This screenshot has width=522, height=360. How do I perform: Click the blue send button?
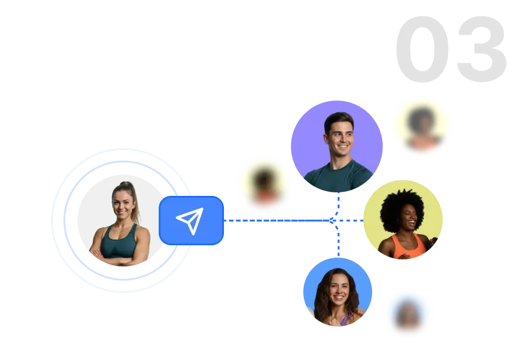[191, 221]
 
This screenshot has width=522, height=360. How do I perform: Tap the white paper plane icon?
[190, 221]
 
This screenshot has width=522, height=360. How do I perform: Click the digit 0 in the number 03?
[422, 49]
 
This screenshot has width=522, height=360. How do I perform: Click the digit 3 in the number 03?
[482, 49]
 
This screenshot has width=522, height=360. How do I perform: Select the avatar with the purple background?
[337, 146]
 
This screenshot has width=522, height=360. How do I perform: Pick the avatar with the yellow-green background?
[403, 219]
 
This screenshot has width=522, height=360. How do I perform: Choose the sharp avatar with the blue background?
[337, 292]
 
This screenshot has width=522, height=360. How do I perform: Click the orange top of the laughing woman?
[409, 246]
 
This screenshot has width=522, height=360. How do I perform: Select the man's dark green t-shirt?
[338, 176]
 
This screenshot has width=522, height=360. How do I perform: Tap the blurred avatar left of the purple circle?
[265, 185]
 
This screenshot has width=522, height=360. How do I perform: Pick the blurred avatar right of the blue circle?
[408, 314]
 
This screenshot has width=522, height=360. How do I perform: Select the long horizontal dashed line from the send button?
[276, 221]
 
